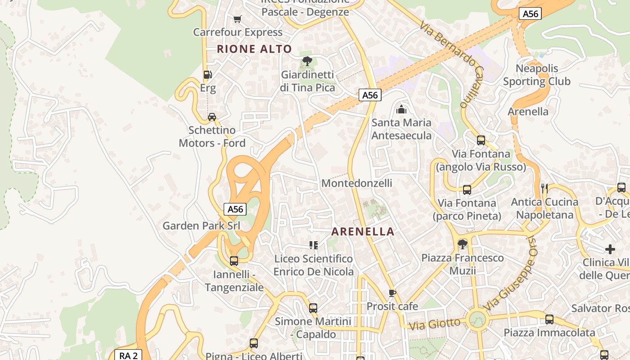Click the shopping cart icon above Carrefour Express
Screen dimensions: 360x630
pos(238,19)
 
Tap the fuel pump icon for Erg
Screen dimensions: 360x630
pos(207,75)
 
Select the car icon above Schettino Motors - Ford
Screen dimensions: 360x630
pos(211,117)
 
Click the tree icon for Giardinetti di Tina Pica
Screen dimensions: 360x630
pos(307,61)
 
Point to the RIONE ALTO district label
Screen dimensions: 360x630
pos(254,49)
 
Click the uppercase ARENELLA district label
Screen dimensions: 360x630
pos(363,232)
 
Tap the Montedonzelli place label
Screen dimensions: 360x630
pos(356,183)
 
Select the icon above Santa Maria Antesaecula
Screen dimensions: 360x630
pos(401,109)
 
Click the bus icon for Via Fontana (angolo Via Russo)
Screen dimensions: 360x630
pos(481,140)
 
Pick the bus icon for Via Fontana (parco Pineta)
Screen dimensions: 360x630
pos(467,190)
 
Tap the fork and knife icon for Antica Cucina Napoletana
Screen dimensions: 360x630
pos(544,188)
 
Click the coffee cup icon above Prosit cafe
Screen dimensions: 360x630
pos(392,293)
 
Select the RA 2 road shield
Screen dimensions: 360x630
pos(128,355)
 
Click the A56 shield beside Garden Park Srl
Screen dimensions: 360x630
pos(235,209)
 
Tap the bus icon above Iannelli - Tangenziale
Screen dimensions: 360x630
pos(234,261)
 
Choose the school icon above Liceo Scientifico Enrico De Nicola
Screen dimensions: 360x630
pos(314,245)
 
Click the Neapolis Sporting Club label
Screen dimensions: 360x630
pos(536,75)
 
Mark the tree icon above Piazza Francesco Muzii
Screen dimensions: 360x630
pos(462,244)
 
